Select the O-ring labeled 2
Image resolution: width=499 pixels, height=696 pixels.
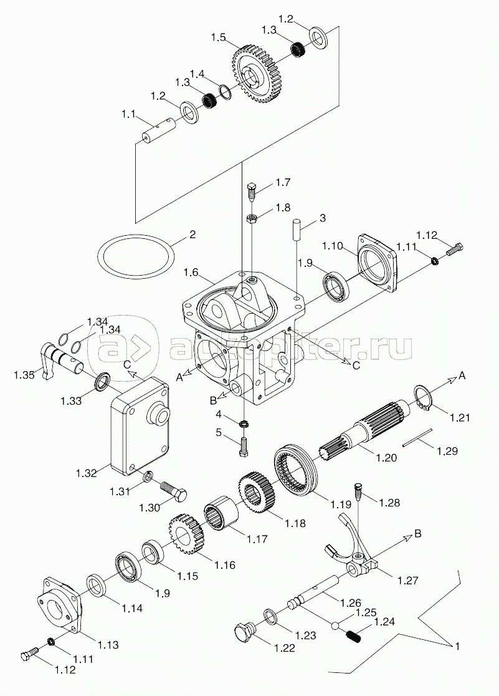136,254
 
